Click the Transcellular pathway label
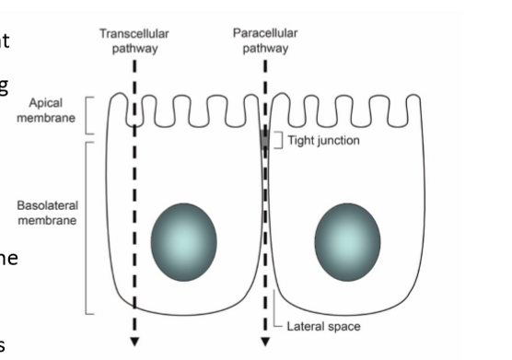(134, 41)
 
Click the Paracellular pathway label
(265, 41)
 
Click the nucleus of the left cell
(183, 238)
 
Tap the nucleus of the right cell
(347, 238)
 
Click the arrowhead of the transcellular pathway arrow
(134, 342)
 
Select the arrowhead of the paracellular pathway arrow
(265, 342)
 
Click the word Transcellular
(134, 34)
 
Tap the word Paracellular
(265, 34)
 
